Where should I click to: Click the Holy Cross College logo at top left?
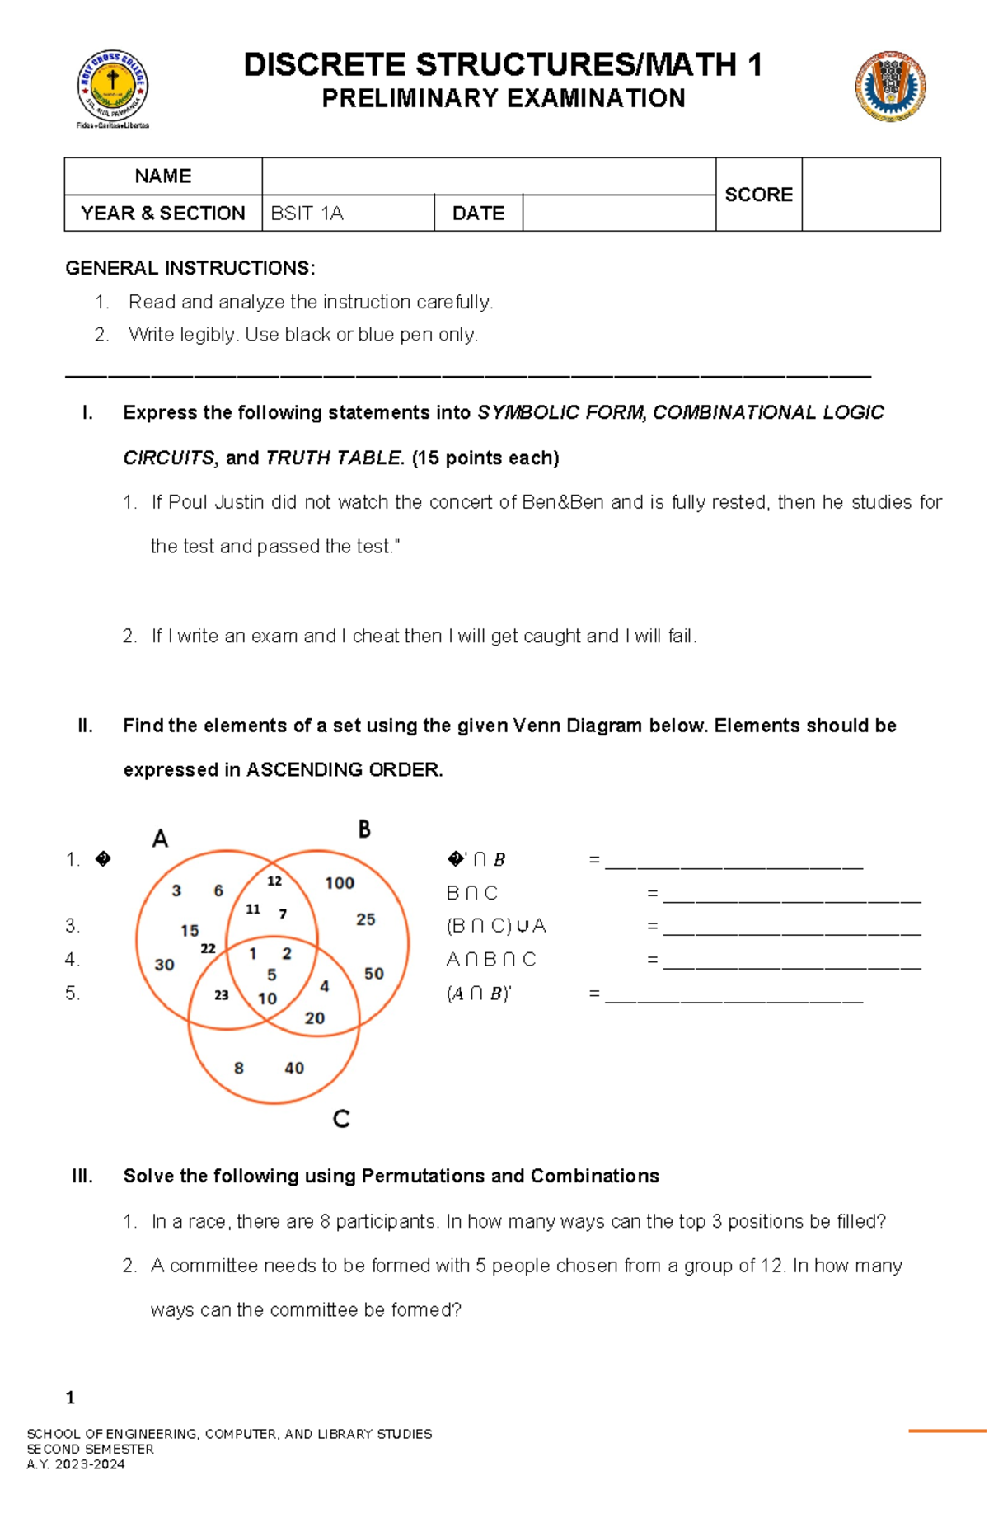coord(113,87)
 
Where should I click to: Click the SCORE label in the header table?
coord(758,195)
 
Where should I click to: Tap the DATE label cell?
coord(478,214)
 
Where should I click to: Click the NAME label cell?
coord(163,176)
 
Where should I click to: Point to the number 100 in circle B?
coord(340,883)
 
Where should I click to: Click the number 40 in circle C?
coord(294,1068)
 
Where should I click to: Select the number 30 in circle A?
coord(164,964)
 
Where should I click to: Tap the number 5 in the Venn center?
coord(271,975)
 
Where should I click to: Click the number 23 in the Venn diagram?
coord(221,995)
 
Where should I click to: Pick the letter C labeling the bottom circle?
coord(341,1118)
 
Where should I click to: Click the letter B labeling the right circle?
coord(364,829)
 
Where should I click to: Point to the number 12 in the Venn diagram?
coord(274,881)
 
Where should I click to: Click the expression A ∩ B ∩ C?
coord(491,960)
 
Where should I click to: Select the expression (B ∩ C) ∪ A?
coord(496,926)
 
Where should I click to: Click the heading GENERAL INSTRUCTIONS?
coord(190,268)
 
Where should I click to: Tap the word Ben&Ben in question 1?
coord(563,502)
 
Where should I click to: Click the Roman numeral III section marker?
coord(82,1176)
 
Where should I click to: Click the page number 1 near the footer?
coord(70,1397)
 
